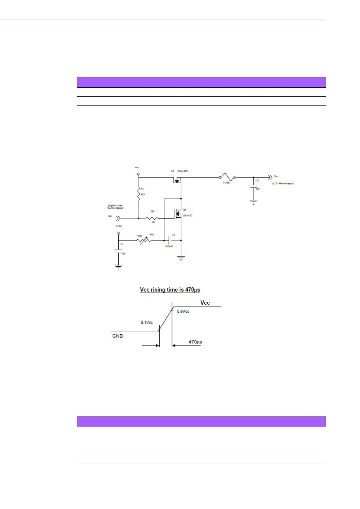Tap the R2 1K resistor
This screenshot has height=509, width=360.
(x=152, y=218)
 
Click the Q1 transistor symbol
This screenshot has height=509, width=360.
(x=177, y=180)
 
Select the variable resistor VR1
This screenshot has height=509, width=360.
(x=144, y=241)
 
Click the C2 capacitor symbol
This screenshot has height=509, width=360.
(x=170, y=241)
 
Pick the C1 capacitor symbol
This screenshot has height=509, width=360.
(x=119, y=251)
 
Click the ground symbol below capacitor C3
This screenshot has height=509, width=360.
(x=254, y=202)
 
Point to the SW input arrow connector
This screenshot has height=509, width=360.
(x=118, y=218)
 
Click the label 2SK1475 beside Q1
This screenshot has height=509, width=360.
(x=182, y=171)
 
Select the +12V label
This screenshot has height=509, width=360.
(x=118, y=226)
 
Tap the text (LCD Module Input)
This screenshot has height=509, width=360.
(x=283, y=183)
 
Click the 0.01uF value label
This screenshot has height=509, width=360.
(x=169, y=246)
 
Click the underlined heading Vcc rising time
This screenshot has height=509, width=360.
(x=170, y=290)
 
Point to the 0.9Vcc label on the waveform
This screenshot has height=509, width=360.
(x=183, y=311)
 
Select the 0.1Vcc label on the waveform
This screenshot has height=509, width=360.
(x=147, y=322)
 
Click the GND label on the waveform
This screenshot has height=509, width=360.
(x=117, y=336)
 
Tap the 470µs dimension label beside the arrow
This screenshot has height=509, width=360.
(x=195, y=342)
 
